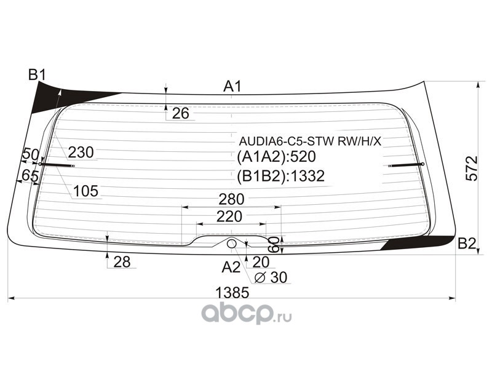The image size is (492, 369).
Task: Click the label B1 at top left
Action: pos(37,76)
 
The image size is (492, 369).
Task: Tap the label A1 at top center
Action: pos(232,87)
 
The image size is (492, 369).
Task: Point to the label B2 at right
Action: pos(467,244)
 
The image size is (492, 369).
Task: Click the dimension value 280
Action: pos(232,199)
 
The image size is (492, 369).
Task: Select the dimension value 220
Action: pos(229,216)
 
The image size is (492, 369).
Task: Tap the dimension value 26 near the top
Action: pos(180,113)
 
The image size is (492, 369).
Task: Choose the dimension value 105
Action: pos(85,192)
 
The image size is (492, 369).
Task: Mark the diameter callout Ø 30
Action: pos(271,278)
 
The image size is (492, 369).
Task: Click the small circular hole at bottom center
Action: pos(231,244)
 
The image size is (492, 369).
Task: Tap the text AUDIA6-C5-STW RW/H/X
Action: pos(311,141)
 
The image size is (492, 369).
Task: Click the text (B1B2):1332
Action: pos(280,177)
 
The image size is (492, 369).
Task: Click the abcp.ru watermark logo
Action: pos(247,315)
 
